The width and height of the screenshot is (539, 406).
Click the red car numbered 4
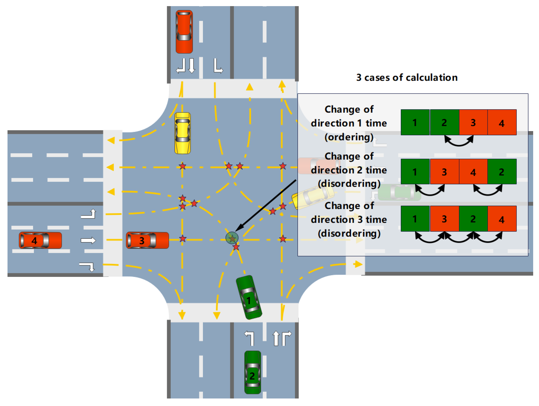point(40,240)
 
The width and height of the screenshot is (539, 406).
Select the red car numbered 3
point(147,240)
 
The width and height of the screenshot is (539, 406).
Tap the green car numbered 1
point(249,297)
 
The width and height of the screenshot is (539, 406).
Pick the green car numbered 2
point(252,372)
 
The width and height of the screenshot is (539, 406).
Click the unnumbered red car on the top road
point(184,32)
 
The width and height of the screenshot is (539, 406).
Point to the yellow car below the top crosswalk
point(182,133)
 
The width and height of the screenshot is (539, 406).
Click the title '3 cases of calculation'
point(407,77)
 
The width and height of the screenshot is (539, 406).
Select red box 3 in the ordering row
point(473,122)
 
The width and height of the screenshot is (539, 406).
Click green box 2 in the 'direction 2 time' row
point(502,172)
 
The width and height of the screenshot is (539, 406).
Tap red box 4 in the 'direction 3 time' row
point(502,219)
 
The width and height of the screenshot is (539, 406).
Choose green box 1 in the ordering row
point(415,122)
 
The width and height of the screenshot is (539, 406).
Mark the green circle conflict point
point(232,238)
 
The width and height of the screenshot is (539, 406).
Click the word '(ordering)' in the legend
point(349,137)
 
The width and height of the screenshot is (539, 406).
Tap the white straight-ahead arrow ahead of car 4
point(88,240)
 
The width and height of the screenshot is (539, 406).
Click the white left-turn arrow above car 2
point(249,338)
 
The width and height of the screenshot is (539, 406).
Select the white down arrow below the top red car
point(192,66)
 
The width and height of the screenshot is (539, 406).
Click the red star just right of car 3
point(183,238)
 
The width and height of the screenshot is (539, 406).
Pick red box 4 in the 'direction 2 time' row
point(473,172)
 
